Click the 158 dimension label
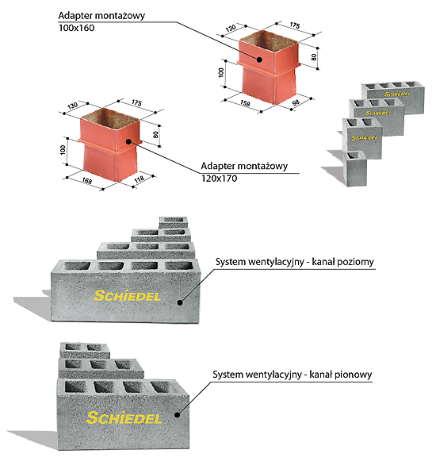245,103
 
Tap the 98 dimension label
296,102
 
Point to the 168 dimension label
86,181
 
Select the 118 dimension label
140,179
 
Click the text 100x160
77,28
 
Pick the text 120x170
219,179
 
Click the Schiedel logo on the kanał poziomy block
127,295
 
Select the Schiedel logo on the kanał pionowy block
124,417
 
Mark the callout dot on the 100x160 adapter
259,60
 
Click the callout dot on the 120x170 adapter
128,141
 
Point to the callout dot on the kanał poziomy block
180,302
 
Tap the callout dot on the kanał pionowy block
177,415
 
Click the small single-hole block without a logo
355,168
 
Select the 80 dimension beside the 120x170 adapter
156,135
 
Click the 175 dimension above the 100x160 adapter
295,25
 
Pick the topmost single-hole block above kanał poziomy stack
174,222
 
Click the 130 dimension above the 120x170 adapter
73,106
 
